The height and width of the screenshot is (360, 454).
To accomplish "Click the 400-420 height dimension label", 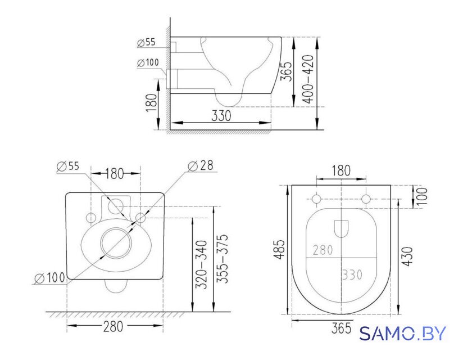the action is (x=308, y=79).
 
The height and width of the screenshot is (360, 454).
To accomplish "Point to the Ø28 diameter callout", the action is (x=201, y=166).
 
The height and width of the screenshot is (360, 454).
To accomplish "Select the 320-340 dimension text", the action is (x=202, y=264).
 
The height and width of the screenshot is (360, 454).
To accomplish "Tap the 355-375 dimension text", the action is (x=223, y=259).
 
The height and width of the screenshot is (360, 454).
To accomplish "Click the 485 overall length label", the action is (x=280, y=249).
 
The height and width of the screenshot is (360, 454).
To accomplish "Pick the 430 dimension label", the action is (x=407, y=256).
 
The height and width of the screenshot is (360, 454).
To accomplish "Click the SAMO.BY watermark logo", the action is (x=403, y=334).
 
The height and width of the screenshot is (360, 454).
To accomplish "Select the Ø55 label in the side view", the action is (x=147, y=42).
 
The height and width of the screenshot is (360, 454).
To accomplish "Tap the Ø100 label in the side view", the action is (x=148, y=62).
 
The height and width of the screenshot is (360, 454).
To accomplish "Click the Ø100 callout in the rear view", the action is (x=50, y=278).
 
